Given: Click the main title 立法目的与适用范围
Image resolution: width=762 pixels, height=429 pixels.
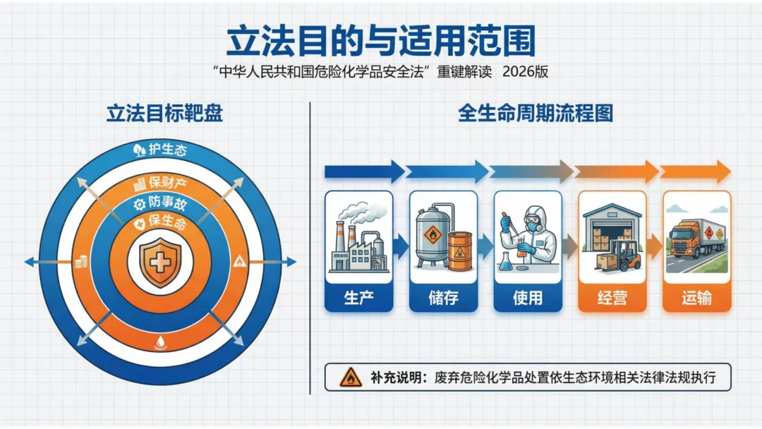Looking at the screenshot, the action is (x=380, y=41).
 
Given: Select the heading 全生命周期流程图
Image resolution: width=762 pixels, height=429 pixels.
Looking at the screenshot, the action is (x=536, y=114).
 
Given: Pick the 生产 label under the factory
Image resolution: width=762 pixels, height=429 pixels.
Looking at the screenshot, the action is (x=358, y=297).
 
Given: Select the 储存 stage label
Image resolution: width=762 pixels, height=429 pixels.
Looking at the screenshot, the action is (x=443, y=297).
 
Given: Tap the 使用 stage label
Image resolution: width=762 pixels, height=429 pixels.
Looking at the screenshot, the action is (x=528, y=297).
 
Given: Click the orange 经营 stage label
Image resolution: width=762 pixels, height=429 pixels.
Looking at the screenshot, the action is (x=612, y=297).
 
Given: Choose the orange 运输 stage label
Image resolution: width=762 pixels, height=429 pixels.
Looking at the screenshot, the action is (x=696, y=297).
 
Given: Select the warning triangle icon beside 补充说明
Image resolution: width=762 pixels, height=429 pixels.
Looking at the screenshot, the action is (x=350, y=377).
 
